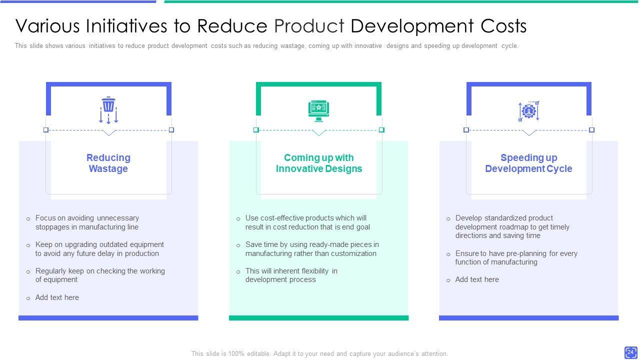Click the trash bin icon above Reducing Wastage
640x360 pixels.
(x=108, y=110)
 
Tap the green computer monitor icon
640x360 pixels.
(x=319, y=111)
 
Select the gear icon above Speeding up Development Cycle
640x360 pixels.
(x=528, y=111)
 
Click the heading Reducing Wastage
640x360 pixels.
(x=108, y=163)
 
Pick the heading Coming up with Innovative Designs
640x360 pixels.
(x=319, y=163)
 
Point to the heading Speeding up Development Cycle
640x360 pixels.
(x=528, y=163)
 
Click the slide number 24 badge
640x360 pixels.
(x=630, y=352)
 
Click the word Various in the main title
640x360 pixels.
(x=48, y=26)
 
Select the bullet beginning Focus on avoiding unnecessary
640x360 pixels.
(x=87, y=222)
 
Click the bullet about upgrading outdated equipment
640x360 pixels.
(x=99, y=249)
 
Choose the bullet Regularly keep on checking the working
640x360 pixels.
(x=100, y=275)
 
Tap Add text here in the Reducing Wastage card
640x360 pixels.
(x=57, y=297)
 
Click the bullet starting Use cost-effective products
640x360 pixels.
(x=307, y=222)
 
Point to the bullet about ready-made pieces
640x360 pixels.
(x=312, y=249)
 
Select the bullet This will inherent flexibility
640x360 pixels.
(x=291, y=275)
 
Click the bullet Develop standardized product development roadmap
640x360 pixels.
(x=512, y=227)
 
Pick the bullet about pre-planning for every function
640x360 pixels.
(x=516, y=258)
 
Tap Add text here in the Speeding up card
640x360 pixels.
(x=477, y=279)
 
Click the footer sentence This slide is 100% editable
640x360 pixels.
(x=319, y=354)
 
